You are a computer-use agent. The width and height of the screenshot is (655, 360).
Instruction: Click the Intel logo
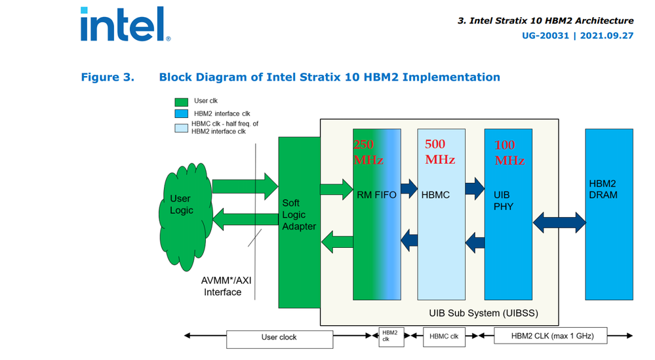[124, 25]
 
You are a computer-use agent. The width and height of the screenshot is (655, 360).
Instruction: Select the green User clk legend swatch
[182, 102]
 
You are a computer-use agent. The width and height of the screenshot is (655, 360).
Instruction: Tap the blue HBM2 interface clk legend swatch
[182, 114]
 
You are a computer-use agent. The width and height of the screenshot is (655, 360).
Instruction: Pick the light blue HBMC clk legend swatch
[182, 127]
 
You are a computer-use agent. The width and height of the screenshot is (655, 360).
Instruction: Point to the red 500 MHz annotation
[440, 151]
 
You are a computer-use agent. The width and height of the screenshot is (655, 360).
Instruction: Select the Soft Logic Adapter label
[299, 215]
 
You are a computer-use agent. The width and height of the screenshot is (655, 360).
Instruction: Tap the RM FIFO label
[376, 195]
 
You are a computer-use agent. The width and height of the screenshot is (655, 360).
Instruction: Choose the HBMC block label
[435, 195]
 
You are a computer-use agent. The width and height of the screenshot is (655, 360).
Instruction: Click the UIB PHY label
[504, 201]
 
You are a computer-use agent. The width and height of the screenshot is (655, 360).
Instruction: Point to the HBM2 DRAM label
[603, 189]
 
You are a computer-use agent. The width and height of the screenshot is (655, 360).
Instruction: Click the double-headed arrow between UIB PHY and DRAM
[559, 222]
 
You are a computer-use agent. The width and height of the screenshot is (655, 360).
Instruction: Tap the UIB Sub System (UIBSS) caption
[483, 313]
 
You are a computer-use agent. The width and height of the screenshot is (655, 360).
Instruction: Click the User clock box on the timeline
[279, 338]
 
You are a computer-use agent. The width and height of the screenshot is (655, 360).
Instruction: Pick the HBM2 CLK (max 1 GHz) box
[552, 336]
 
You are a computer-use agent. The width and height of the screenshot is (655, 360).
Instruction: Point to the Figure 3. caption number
[108, 77]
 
